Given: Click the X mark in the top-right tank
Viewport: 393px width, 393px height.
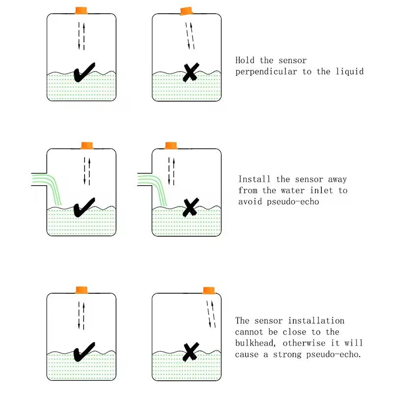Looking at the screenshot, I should [x=190, y=73].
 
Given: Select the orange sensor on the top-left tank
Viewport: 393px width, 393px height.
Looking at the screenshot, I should [x=81, y=10].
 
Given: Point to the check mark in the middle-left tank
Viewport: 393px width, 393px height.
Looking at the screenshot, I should [x=84, y=207].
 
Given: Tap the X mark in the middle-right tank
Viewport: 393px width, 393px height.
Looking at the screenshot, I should [x=190, y=207].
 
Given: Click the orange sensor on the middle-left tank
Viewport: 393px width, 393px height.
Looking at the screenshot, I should [x=87, y=145].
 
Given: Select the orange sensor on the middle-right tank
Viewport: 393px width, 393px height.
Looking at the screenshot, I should [x=170, y=145].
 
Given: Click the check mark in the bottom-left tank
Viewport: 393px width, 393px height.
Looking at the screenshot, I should [x=84, y=352].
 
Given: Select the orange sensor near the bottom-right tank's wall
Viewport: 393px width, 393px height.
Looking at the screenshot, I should [x=209, y=290].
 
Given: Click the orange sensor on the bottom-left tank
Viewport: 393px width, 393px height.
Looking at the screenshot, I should [x=81, y=289].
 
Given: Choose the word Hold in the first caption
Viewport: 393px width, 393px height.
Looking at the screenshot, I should [x=246, y=60].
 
